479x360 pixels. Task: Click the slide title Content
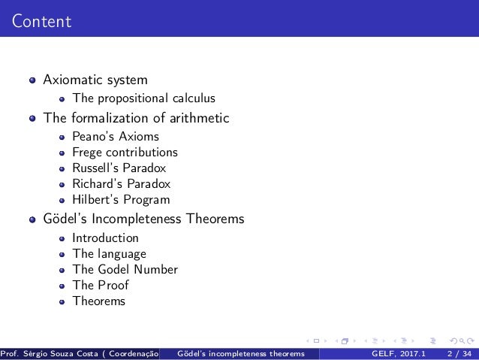[x=41, y=21]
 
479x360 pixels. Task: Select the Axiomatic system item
[x=95, y=79]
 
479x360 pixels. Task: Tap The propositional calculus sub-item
[x=143, y=98]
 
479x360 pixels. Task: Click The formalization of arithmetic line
[x=136, y=118]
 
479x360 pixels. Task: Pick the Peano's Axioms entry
[x=116, y=137]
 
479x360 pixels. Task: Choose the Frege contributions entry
[x=125, y=153]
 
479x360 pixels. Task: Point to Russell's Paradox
[x=119, y=168]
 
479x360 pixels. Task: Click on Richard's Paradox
[x=121, y=184]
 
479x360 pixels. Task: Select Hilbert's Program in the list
[x=121, y=200]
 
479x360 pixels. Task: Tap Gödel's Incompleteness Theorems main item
[x=143, y=219]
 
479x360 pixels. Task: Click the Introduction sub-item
[x=105, y=238]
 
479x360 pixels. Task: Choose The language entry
[x=109, y=254]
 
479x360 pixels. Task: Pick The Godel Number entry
[x=125, y=270]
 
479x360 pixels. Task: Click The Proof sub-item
[x=100, y=286]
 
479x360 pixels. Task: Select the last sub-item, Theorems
[x=98, y=301]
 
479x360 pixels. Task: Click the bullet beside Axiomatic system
[x=32, y=80]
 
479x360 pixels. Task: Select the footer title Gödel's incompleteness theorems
[x=241, y=353]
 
